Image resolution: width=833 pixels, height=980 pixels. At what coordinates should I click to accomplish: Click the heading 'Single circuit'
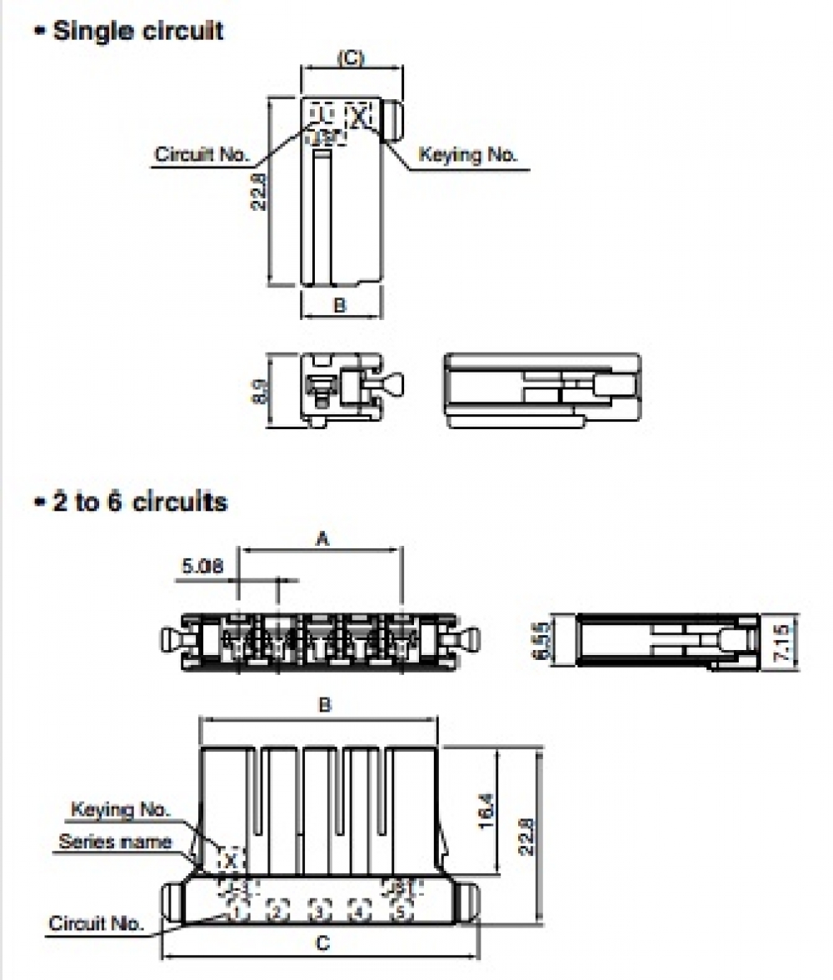[x=137, y=32]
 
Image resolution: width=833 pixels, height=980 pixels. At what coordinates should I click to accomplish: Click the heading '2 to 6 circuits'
[x=139, y=502]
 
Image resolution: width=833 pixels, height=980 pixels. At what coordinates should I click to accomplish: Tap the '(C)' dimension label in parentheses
[x=351, y=57]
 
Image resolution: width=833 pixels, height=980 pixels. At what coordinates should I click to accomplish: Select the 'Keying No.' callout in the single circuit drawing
[x=467, y=154]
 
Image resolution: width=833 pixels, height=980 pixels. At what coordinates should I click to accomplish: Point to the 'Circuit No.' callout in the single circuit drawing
[x=202, y=154]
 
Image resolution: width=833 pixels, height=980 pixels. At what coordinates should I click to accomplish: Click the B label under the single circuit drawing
[x=340, y=305]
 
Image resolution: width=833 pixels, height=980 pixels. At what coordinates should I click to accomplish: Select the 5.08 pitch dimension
[x=202, y=567]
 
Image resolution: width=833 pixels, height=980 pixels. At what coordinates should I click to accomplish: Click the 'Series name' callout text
[x=115, y=842]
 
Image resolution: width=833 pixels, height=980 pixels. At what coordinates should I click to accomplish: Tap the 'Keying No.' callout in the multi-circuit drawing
[x=120, y=809]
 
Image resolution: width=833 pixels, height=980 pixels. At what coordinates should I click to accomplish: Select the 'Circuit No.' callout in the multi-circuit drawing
[x=96, y=922]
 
